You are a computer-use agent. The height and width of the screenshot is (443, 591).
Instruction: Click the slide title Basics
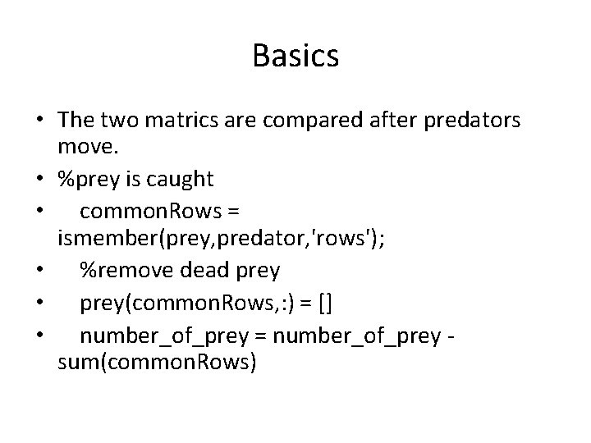(x=295, y=56)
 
